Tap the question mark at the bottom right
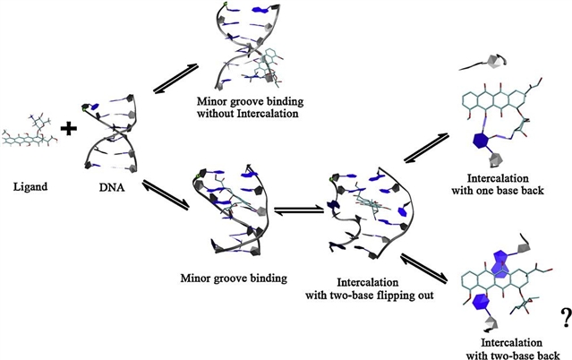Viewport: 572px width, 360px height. tap(566, 315)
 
